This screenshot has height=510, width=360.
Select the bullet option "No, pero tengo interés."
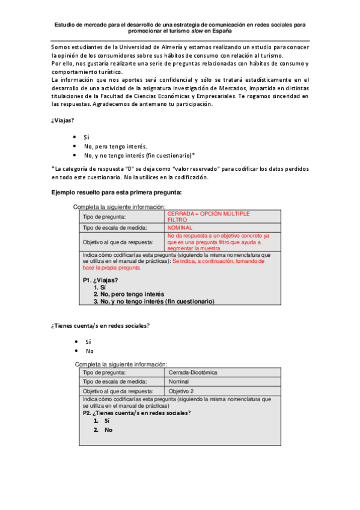point(115,146)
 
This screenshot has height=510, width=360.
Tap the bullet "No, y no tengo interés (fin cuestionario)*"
point(139,155)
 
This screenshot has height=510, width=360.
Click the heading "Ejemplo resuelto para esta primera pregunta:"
point(117,192)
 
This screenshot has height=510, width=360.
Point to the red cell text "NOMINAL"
point(180,228)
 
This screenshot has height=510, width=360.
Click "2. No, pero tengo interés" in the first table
point(129,294)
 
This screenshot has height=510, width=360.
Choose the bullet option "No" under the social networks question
point(90,351)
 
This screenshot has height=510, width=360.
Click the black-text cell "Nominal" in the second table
point(179,382)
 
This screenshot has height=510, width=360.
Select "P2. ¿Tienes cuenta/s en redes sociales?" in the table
point(136,413)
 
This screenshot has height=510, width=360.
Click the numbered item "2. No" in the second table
point(103,430)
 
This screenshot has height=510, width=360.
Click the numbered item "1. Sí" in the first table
point(100,287)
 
